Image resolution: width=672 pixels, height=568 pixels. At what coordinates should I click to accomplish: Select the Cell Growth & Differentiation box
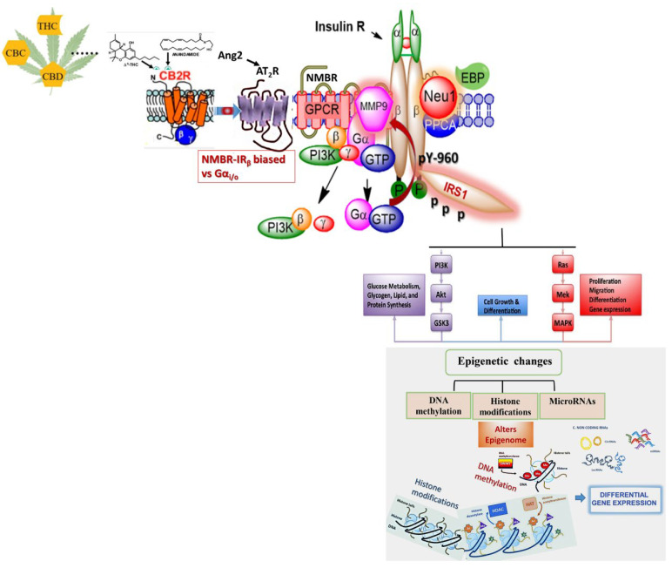[501, 307]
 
